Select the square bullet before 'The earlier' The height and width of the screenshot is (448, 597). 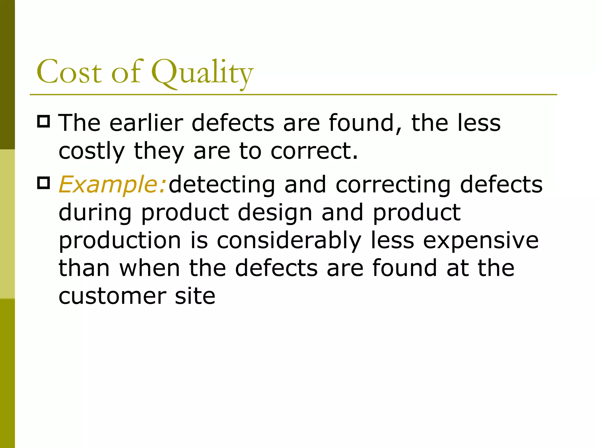click(44, 121)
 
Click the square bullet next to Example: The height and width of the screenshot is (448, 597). click(44, 183)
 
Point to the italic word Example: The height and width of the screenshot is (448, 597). click(113, 185)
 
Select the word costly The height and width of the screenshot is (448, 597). click(92, 152)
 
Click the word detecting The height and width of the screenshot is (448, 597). click(222, 185)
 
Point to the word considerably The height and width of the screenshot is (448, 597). click(289, 241)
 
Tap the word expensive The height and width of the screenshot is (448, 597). click(481, 241)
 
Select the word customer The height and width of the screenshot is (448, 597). click(112, 296)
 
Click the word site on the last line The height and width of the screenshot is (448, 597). click(195, 296)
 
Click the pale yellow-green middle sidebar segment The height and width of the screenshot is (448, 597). click(7, 224)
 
